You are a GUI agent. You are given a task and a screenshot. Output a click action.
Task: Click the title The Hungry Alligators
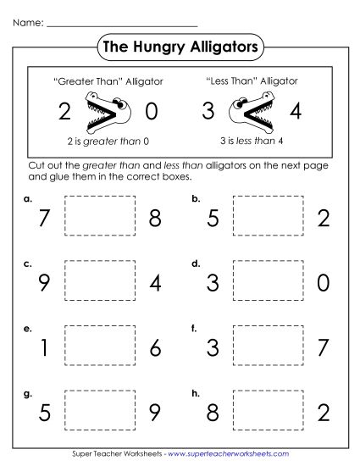[180, 48]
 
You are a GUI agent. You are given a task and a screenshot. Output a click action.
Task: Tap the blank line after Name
[122, 23]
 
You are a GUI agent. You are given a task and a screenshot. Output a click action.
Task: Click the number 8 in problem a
[155, 219]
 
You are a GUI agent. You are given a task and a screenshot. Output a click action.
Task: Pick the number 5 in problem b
[213, 219]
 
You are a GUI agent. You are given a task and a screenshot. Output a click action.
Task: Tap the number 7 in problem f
[322, 348]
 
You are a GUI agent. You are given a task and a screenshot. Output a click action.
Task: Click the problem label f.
[195, 327]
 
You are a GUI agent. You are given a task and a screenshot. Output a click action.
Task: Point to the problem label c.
[28, 264]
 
